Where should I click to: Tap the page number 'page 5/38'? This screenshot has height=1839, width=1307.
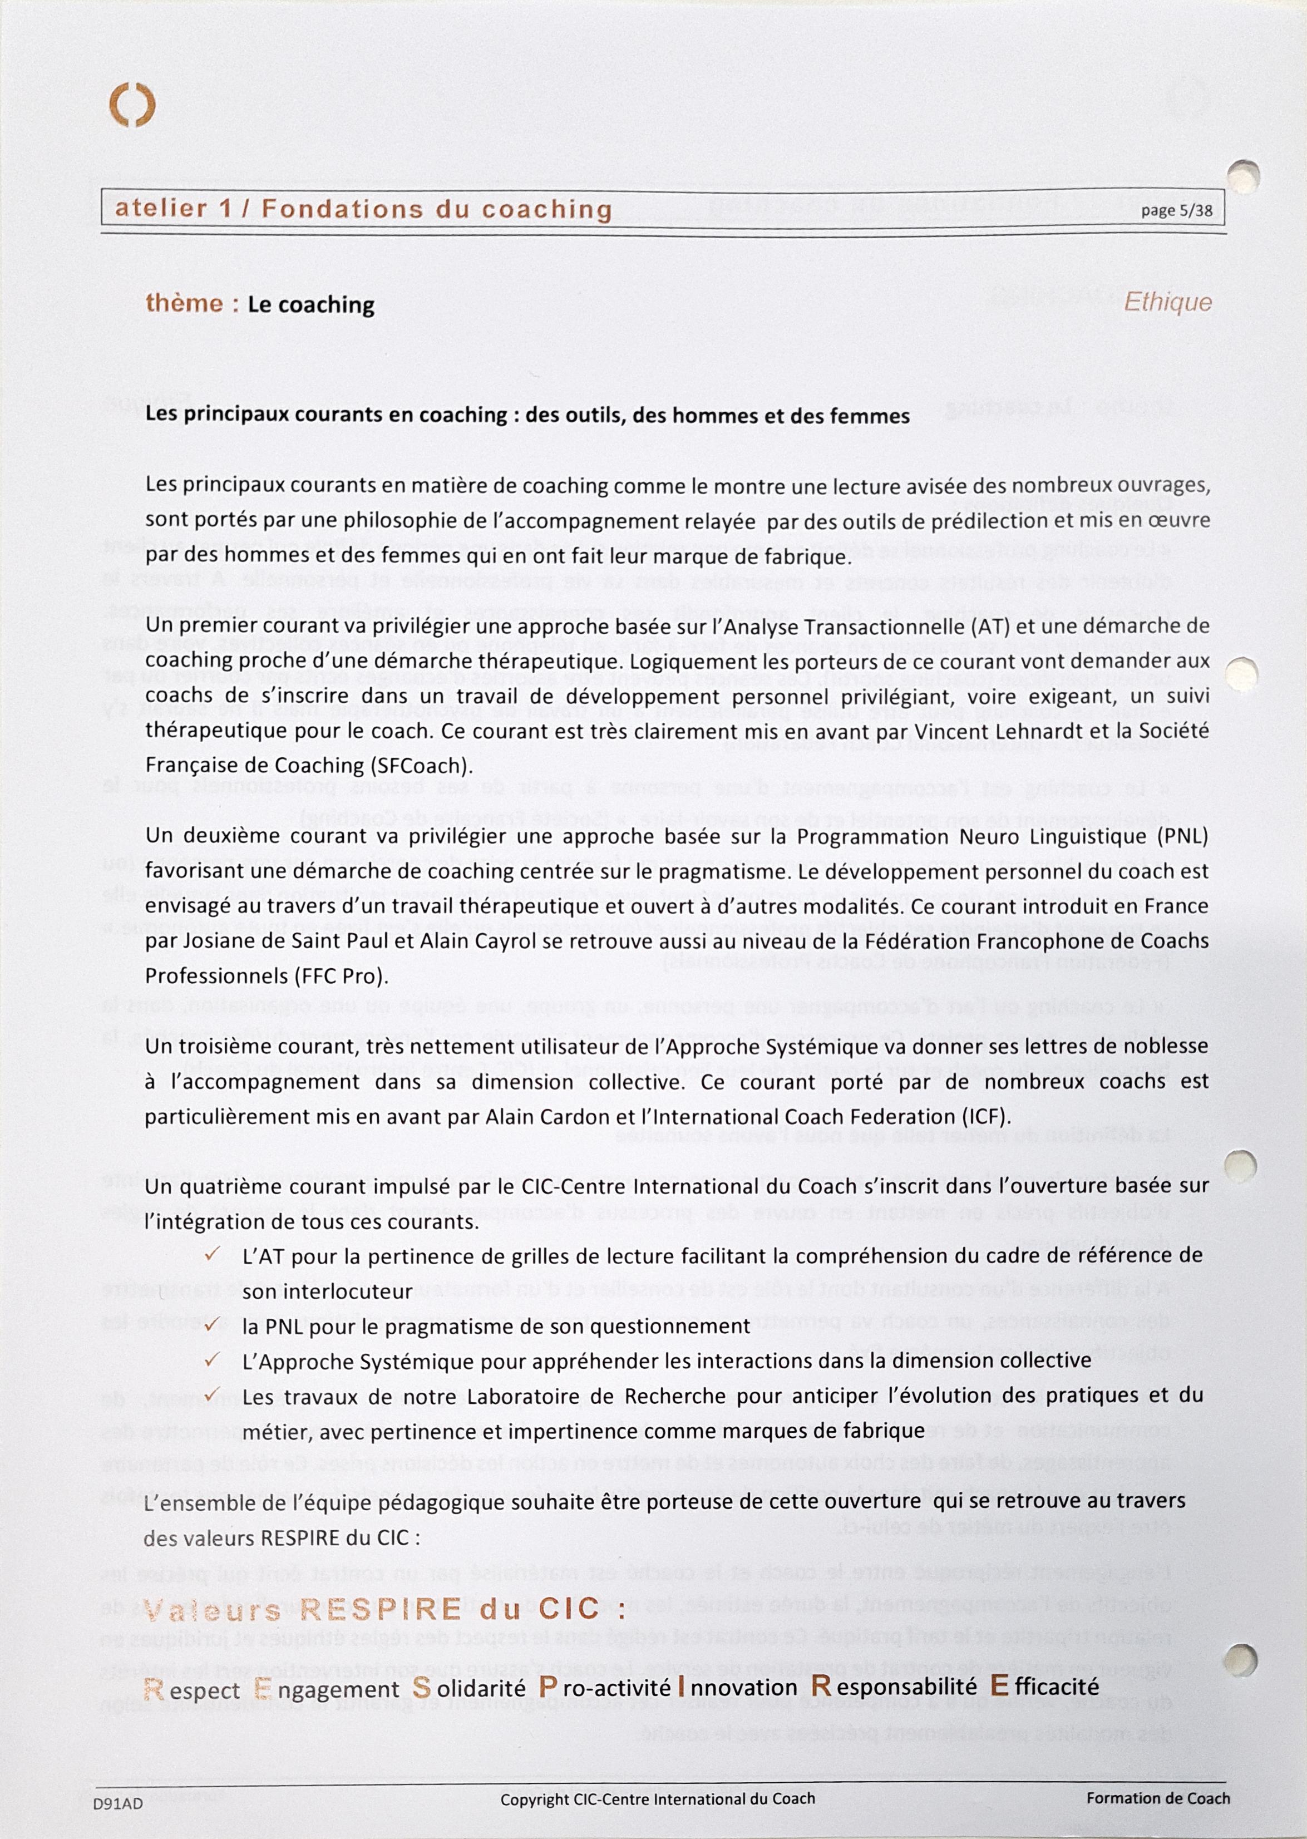click(x=1177, y=211)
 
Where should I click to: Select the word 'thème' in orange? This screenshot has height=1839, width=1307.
click(x=184, y=303)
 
